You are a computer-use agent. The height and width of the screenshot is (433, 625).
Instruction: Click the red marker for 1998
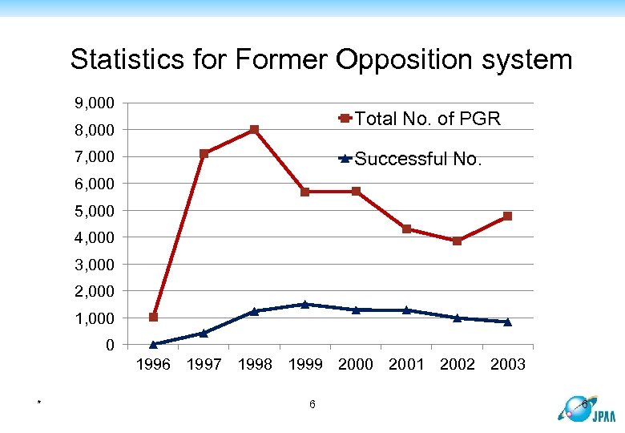[254, 129]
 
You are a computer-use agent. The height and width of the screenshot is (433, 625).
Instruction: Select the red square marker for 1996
[153, 317]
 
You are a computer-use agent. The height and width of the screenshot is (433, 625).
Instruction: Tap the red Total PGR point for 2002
[457, 241]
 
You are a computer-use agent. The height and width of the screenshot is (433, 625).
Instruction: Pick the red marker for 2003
[507, 216]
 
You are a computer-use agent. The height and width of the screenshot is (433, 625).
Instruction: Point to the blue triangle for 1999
[304, 304]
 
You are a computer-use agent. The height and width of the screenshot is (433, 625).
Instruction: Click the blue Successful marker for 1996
[153, 344]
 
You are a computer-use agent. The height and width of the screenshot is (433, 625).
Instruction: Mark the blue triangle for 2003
[507, 322]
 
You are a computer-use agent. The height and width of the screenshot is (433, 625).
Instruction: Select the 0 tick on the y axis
[110, 345]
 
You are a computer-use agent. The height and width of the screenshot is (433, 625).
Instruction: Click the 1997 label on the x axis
[204, 365]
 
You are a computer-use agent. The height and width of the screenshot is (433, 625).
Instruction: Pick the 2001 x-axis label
[406, 365]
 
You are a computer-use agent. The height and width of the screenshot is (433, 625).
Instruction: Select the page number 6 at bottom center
[312, 403]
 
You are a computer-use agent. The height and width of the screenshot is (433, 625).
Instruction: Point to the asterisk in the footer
[38, 402]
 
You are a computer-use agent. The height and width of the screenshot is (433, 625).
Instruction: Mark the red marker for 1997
[204, 153]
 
